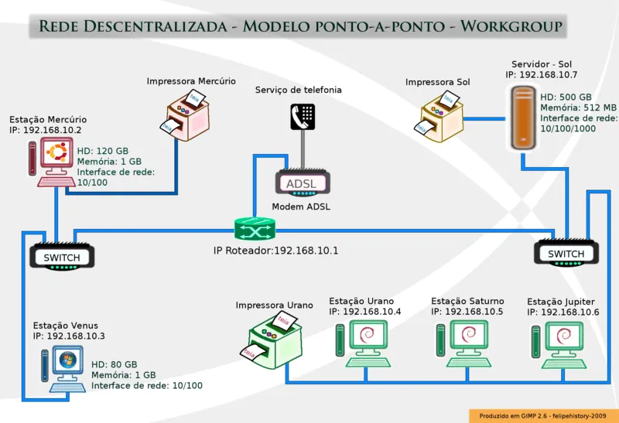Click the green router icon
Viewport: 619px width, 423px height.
255,229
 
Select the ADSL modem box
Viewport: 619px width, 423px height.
303,183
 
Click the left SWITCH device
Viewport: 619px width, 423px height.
61,257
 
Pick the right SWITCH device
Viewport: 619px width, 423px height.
566,253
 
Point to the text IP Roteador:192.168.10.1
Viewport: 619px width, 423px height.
276,251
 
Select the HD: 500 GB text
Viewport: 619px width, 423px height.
566,97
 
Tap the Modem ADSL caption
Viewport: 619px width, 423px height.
301,206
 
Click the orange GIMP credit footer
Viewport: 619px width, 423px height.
543,415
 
